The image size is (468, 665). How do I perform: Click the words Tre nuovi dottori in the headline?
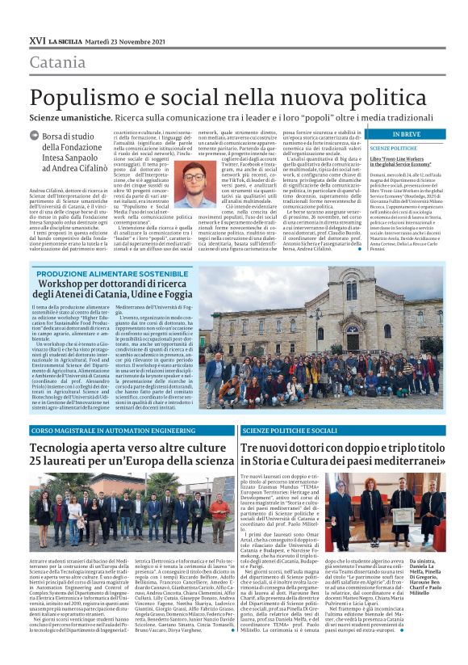coord(286,447)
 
